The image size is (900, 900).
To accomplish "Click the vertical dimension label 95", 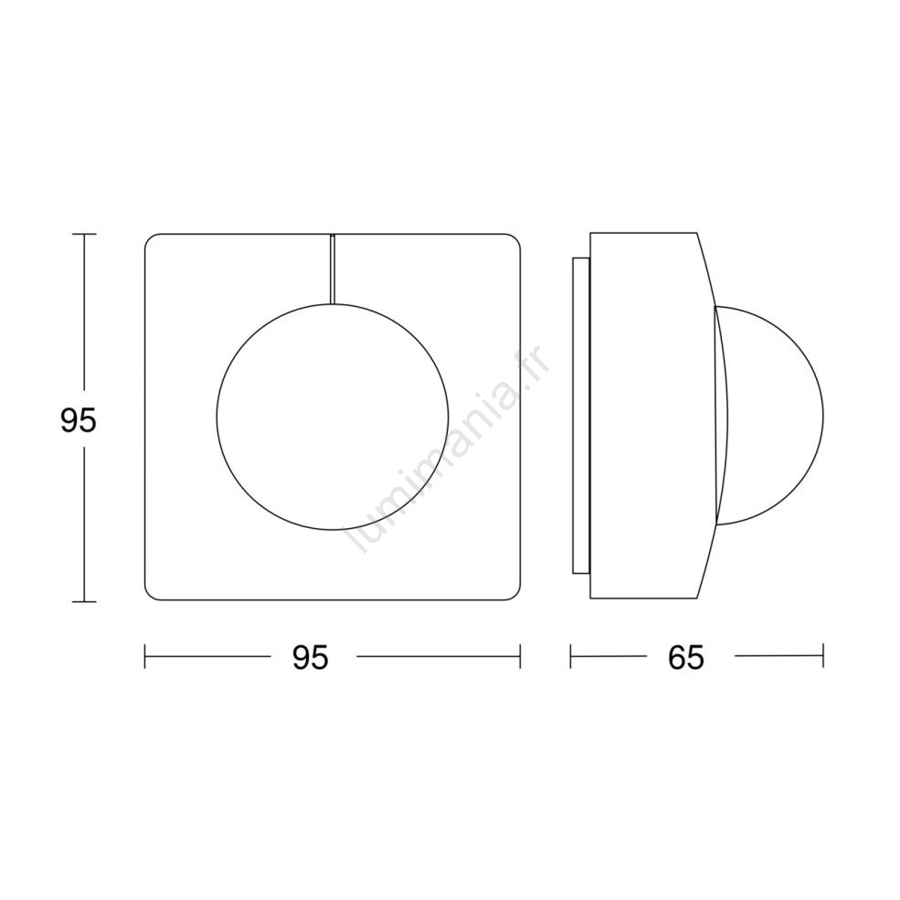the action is [79, 420].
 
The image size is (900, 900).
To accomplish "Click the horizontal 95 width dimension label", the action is [311, 657].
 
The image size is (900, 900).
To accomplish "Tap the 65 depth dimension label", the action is [686, 657].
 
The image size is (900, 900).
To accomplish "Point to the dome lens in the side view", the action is [822, 416].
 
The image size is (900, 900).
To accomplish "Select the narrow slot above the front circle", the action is [332, 269].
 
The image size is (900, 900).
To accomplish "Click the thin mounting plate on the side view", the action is [581, 416].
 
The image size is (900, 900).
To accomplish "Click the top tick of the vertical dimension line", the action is [84, 234].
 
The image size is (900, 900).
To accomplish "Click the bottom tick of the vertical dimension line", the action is [84, 601].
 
